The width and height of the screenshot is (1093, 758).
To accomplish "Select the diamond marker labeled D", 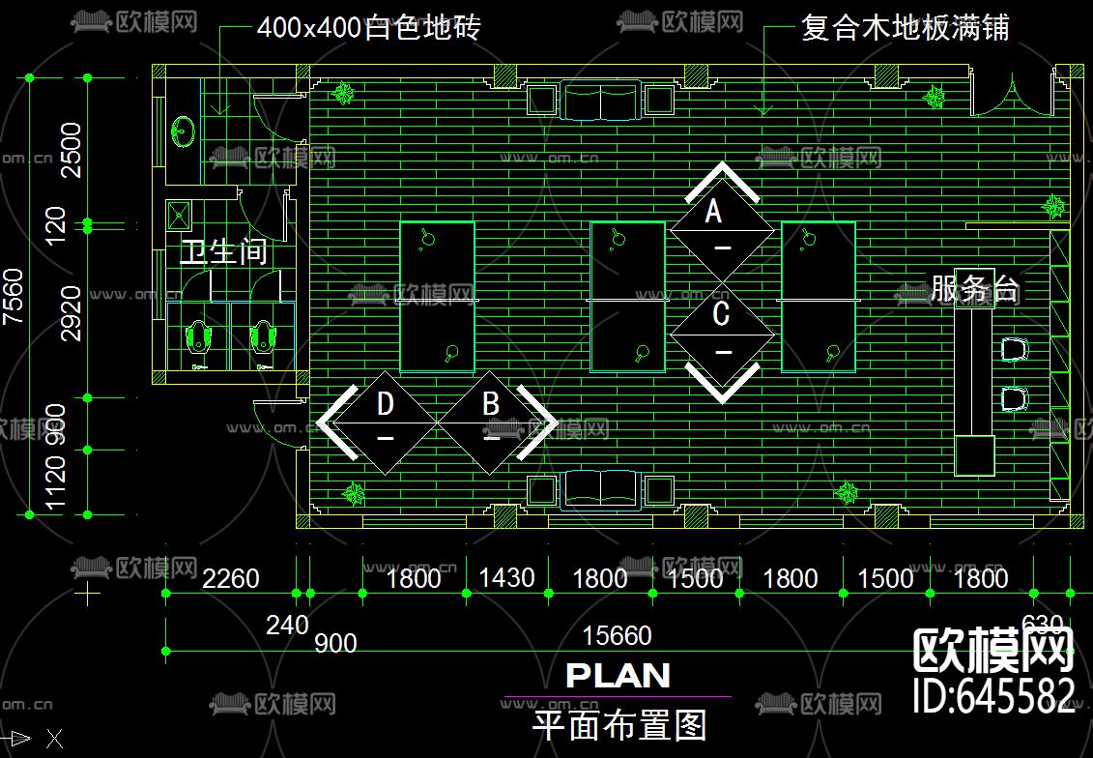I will pos(386,422).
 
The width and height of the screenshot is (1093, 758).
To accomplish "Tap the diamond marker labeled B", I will pos(491,422).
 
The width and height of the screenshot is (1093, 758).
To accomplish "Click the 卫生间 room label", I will pos(223,253).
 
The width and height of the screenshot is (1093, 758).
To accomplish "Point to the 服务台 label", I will pos(974,288).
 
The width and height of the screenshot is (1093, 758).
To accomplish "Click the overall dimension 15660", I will pos(617,636).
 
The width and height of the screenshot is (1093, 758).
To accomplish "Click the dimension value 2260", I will pos(230,578).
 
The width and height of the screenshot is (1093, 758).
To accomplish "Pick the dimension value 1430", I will pos(506,578).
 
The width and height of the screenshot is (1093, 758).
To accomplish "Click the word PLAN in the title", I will pos(618,676).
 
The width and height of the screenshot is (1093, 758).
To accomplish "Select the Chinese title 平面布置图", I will pos(619,724).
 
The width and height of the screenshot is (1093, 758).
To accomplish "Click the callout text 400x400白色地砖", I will pos(368,27).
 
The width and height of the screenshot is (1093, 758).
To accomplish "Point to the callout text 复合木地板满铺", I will pos(905,27).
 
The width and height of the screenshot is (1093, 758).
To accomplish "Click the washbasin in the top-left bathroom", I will pos(183,131).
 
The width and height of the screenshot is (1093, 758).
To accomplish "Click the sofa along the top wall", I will pos(601,100).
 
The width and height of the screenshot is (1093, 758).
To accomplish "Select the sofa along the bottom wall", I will pos(601,488).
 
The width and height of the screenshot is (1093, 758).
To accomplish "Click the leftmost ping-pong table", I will pos(438,297).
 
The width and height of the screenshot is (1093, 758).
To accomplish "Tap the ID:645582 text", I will pos(994,695).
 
